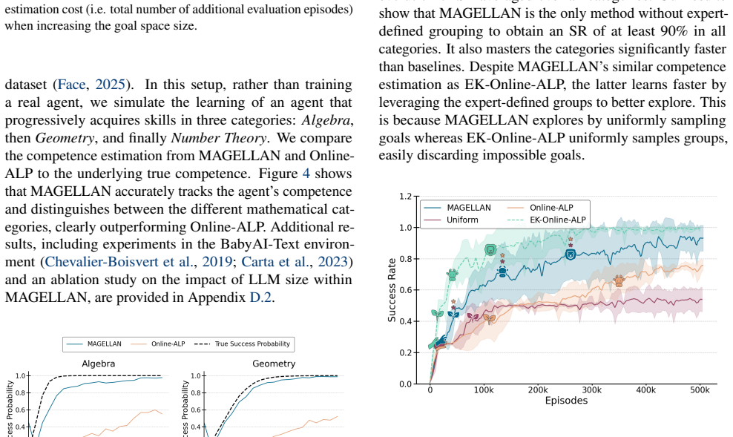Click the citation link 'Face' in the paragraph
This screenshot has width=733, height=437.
pos(71,85)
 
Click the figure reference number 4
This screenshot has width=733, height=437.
pos(306,174)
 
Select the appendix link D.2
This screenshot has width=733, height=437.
pos(261,298)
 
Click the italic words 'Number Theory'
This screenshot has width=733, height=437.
pos(219,138)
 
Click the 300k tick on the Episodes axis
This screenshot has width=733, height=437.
pos(592,390)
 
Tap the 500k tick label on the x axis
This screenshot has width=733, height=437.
pos(700,390)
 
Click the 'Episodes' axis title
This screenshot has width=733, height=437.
pos(566,401)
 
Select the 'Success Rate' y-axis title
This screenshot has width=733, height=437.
pos(392,290)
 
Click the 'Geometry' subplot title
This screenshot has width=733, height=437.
pos(274,364)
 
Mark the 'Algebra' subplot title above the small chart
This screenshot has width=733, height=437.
pos(98,364)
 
